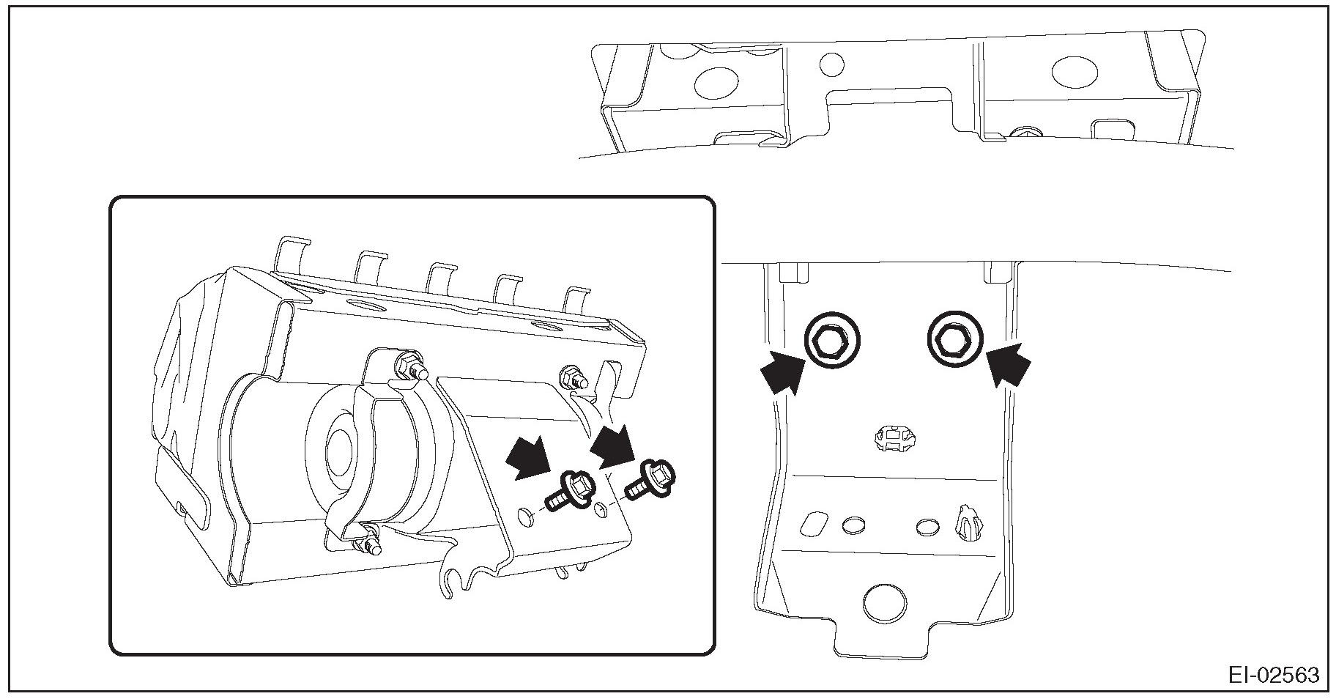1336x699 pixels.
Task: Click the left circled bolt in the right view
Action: (x=831, y=341)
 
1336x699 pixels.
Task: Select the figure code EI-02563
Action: (x=1273, y=675)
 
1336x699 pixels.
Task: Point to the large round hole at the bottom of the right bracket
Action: (x=885, y=603)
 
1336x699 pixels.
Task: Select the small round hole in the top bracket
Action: (x=832, y=64)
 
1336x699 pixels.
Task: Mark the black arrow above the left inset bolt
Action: (x=530, y=457)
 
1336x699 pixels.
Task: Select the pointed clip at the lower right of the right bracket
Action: (x=968, y=521)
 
